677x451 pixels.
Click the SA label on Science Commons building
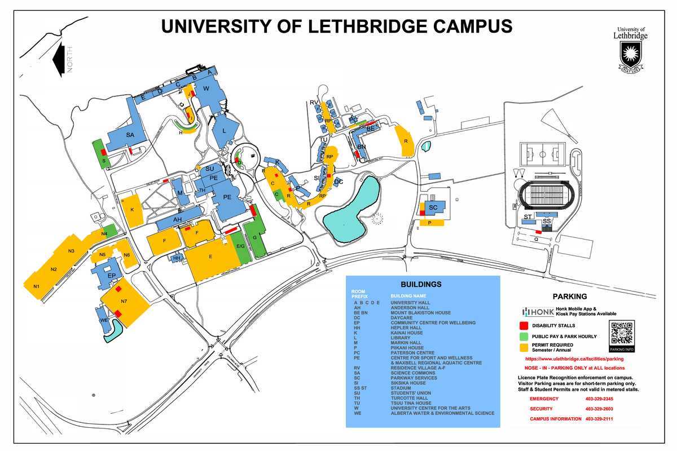click(130, 135)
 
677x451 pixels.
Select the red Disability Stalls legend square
click(524, 326)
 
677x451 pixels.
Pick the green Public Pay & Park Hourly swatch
click(524, 337)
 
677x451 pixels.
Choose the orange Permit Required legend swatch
click(524, 347)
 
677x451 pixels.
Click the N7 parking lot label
click(124, 301)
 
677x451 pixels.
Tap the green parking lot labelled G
click(255, 238)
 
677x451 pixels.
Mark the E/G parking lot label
click(240, 246)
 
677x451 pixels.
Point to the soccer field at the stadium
click(541, 152)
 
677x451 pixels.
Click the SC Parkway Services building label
click(433, 207)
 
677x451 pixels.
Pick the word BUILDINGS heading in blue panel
click(421, 284)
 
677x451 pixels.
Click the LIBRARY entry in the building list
click(402, 338)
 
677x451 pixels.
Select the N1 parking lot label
click(37, 287)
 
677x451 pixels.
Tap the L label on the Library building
click(224, 130)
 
